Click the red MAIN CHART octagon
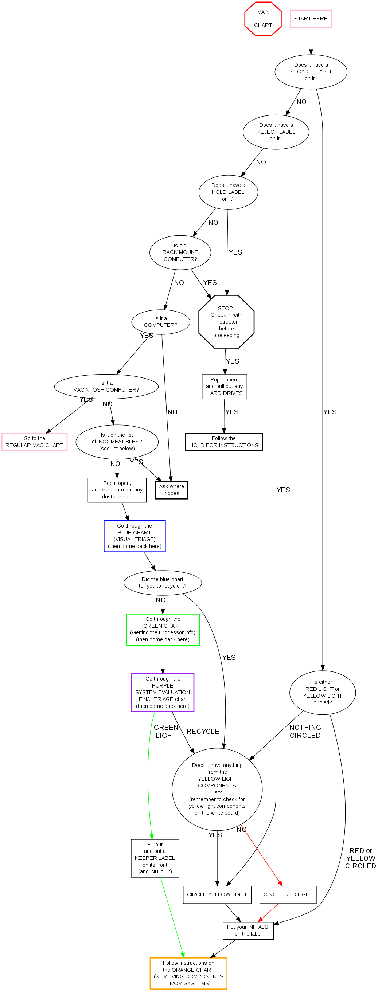pos(263,19)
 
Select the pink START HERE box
pos(311,19)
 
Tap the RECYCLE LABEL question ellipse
pos(311,71)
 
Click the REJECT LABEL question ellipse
pos(276,132)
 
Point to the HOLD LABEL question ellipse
pos(228,192)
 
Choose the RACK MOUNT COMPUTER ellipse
pos(180,252)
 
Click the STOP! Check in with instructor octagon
pos(226,322)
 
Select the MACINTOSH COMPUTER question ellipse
pos(106,387)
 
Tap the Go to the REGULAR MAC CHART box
pos(34,442)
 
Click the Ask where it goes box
pos(171,490)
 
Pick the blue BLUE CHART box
pos(135,536)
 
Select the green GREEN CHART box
pos(163,629)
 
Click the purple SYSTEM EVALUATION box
pos(163,693)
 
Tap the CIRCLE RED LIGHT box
pos(288,894)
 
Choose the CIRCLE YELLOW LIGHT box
pos(217,894)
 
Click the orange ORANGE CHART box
pos(188,973)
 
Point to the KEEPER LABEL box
pos(155,858)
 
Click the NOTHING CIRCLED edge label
pos(305,731)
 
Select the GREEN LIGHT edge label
pos(166,731)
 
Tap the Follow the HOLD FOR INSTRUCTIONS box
pos(224,442)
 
